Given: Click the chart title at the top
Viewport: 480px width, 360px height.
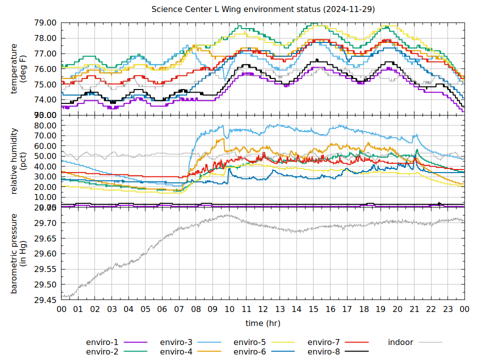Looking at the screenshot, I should (x=263, y=9).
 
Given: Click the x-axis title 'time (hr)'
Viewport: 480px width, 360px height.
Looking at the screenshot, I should (x=263, y=323).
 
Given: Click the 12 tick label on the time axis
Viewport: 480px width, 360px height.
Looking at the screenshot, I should (x=263, y=309).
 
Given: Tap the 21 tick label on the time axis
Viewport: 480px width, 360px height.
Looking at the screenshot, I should (x=414, y=309).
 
